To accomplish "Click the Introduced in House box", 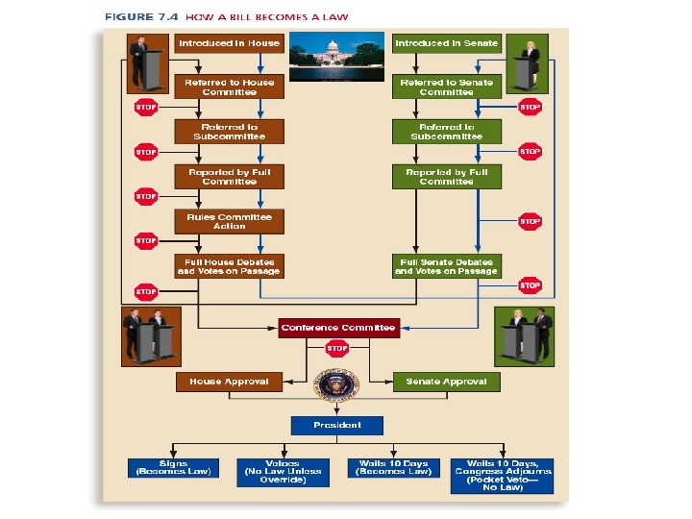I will (229, 43).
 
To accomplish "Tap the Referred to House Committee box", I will (229, 87).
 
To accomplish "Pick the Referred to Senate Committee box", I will (446, 87).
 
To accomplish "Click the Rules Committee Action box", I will (229, 221).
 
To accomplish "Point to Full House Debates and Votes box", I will (229, 266).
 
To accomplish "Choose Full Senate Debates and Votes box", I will (446, 266).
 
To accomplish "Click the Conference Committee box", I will (337, 328).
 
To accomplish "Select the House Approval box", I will (229, 382).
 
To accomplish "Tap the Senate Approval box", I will (446, 382).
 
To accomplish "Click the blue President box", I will (337, 425).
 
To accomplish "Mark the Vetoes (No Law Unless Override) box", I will (282, 471).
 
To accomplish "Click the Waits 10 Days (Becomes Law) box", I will (392, 468).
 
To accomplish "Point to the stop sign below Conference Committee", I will (336, 350).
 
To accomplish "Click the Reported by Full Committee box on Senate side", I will (446, 177).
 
